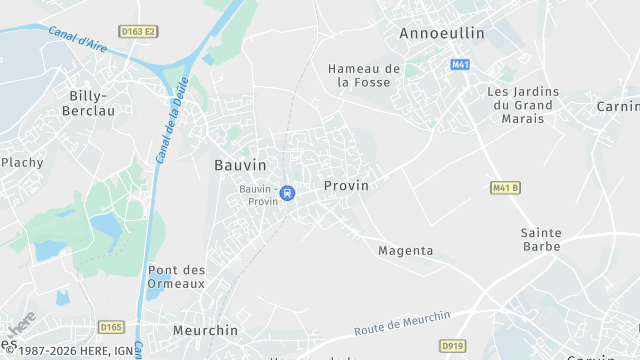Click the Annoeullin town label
441,33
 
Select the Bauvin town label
240,164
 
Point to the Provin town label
346,186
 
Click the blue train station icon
287,193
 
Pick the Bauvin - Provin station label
258,194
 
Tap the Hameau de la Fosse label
364,75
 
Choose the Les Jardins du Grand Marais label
523,105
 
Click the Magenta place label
405,251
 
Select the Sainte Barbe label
541,239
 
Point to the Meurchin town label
205,330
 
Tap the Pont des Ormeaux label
176,277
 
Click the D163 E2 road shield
138,31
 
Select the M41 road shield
460,64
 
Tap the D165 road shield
110,326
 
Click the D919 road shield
452,345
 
